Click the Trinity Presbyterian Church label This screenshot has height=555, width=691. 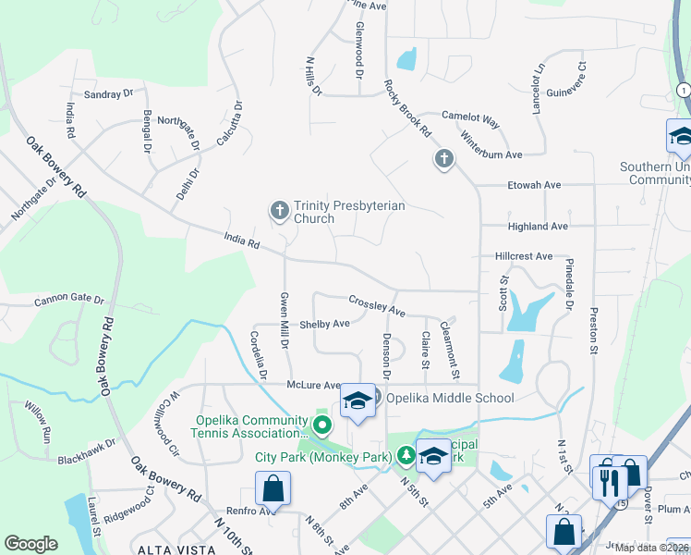349,213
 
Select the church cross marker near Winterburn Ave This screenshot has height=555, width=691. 443,160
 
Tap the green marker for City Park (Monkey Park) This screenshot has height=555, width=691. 406,455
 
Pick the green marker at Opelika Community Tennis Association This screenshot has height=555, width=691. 321,425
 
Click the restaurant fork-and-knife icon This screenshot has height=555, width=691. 609,480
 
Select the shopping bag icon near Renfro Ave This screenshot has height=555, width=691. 273,487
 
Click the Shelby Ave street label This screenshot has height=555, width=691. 324,324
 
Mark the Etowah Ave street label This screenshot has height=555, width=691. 534,185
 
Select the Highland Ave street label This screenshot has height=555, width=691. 538,226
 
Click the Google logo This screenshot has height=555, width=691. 30,544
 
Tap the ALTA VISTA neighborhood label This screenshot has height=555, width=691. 170,549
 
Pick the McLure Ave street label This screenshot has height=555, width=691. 313,386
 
